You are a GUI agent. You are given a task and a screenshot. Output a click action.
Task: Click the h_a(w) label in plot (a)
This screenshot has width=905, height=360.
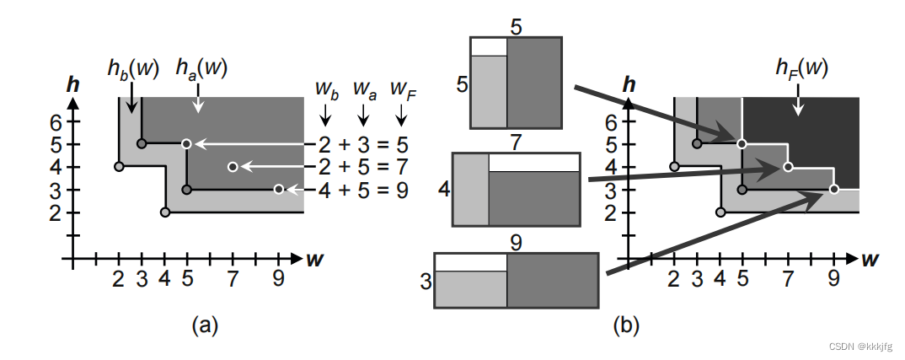[x=200, y=67]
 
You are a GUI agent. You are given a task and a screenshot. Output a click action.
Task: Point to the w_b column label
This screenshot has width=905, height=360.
[x=328, y=89]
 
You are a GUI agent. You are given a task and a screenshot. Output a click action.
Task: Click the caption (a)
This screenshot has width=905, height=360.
[x=206, y=324]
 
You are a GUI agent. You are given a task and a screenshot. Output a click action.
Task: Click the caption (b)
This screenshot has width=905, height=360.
[x=624, y=324]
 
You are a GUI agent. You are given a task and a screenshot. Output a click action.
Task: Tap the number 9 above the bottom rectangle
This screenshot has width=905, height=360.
[x=517, y=243]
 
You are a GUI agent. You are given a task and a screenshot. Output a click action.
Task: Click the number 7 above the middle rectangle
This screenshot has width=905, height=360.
[x=517, y=142]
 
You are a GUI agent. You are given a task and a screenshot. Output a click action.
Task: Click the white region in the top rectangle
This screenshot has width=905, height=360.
[x=489, y=46]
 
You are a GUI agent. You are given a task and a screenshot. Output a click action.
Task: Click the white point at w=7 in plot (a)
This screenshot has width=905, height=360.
[x=233, y=167]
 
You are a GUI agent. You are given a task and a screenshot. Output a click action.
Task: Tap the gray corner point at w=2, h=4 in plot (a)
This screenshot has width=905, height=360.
[x=119, y=167]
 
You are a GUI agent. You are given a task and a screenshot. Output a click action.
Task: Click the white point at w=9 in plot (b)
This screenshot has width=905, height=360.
[x=833, y=190]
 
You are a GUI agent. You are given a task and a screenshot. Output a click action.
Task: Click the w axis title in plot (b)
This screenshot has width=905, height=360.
[x=869, y=258]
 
